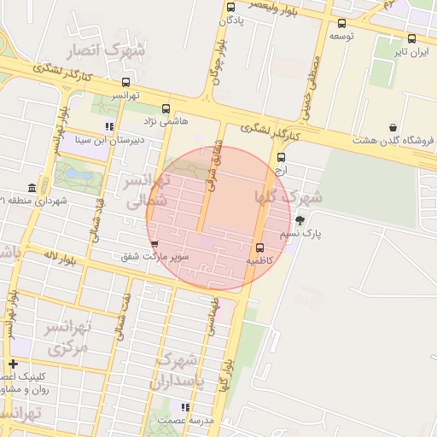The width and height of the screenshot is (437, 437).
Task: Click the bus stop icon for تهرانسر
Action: tap(126, 84)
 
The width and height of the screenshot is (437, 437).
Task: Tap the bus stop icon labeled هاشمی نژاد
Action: tap(166, 109)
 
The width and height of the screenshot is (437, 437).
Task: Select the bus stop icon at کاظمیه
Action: tap(259, 248)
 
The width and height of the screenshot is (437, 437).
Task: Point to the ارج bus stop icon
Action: tap(282, 157)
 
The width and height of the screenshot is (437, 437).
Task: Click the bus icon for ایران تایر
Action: tap(411, 38)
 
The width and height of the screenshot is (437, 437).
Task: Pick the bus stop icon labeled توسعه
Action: tap(342, 23)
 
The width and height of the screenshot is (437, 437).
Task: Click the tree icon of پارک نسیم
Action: tap(299, 219)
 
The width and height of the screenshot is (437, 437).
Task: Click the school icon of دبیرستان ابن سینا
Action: tap(109, 126)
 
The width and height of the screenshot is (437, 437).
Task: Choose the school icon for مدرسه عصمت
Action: tap(185, 407)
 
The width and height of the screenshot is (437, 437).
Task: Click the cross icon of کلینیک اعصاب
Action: tap(13, 364)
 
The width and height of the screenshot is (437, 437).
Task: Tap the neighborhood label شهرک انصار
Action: tap(112, 50)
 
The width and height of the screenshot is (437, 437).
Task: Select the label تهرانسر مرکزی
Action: tap(67, 337)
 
